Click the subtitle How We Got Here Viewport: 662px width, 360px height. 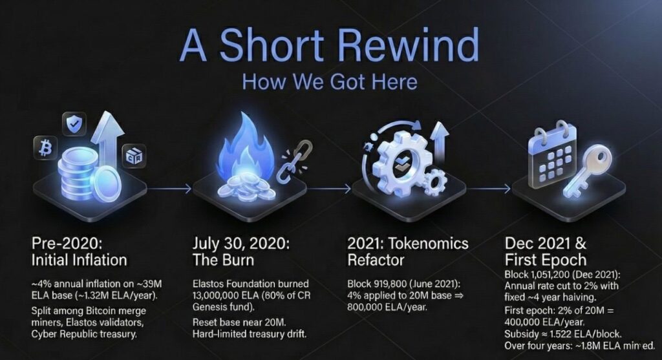(330, 81)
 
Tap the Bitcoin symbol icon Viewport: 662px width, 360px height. (45, 148)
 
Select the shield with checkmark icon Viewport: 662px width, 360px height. (74, 124)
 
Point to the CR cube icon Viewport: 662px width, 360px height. (134, 156)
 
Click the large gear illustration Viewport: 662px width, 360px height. (401, 161)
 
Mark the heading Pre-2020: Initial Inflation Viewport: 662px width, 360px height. (80, 251)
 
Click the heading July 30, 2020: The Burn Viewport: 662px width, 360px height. (241, 251)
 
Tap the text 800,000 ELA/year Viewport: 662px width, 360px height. (387, 307)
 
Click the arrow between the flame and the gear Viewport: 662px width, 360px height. (328, 189)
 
